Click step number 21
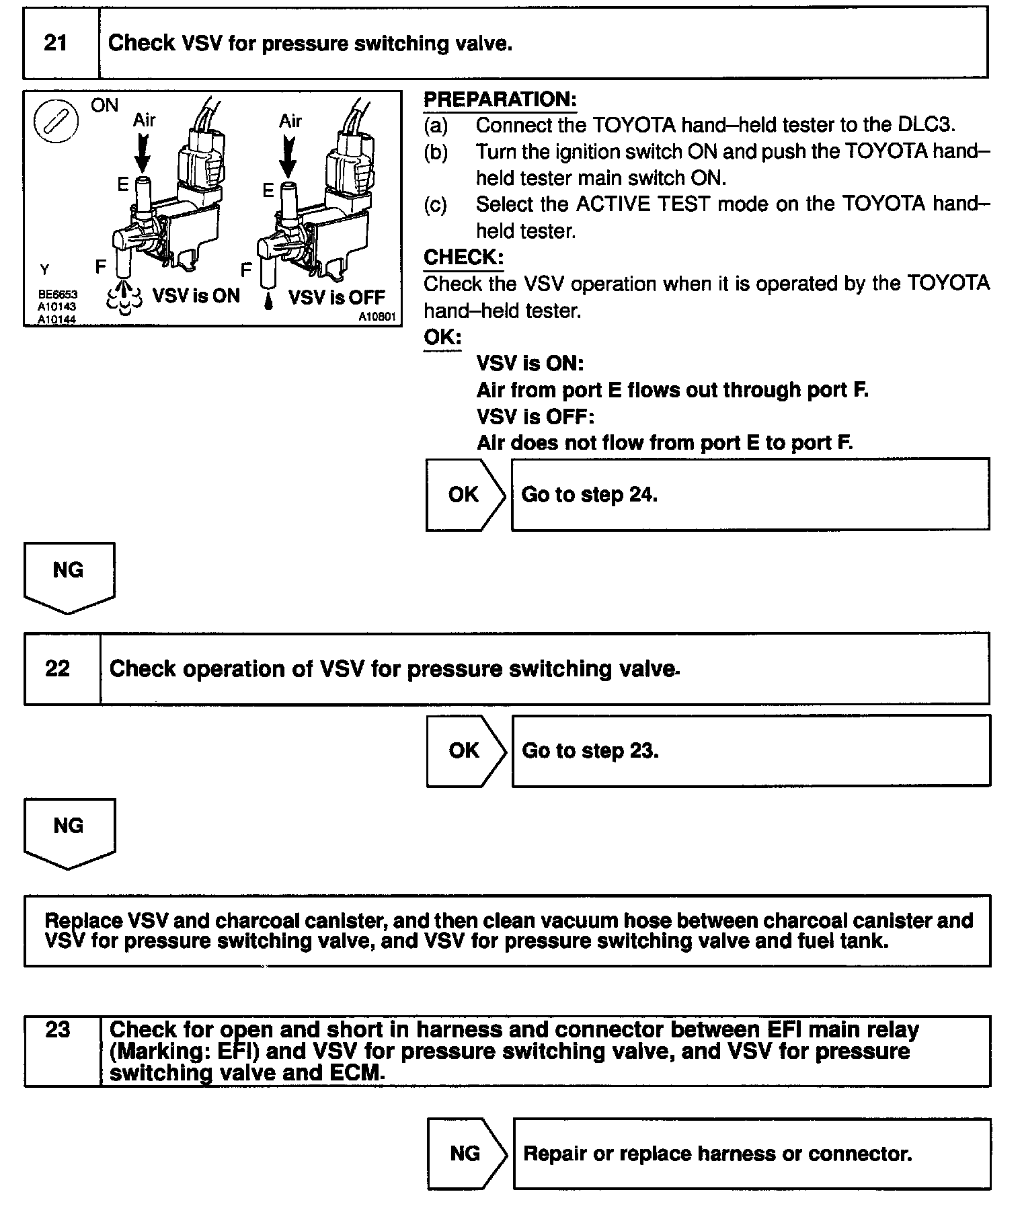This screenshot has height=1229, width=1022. click(56, 44)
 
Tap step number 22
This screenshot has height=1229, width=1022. click(57, 668)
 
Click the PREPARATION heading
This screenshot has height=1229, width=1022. click(500, 100)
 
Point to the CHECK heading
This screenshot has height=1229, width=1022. click(463, 257)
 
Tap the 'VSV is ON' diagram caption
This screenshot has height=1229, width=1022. click(196, 296)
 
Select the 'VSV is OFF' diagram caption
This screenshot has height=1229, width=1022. click(336, 297)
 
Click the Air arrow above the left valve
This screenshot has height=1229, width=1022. click(143, 153)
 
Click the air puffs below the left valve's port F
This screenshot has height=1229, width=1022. click(124, 299)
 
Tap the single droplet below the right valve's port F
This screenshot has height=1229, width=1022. click(269, 301)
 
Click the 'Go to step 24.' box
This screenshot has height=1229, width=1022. click(750, 495)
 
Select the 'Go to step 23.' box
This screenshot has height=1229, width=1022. click(750, 750)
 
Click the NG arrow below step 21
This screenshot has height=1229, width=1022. click(69, 577)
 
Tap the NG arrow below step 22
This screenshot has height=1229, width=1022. click(69, 832)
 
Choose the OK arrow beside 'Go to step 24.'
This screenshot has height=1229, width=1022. click(465, 495)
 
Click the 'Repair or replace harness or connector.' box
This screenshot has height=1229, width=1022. click(751, 1154)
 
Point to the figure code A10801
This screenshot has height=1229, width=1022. click(377, 317)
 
